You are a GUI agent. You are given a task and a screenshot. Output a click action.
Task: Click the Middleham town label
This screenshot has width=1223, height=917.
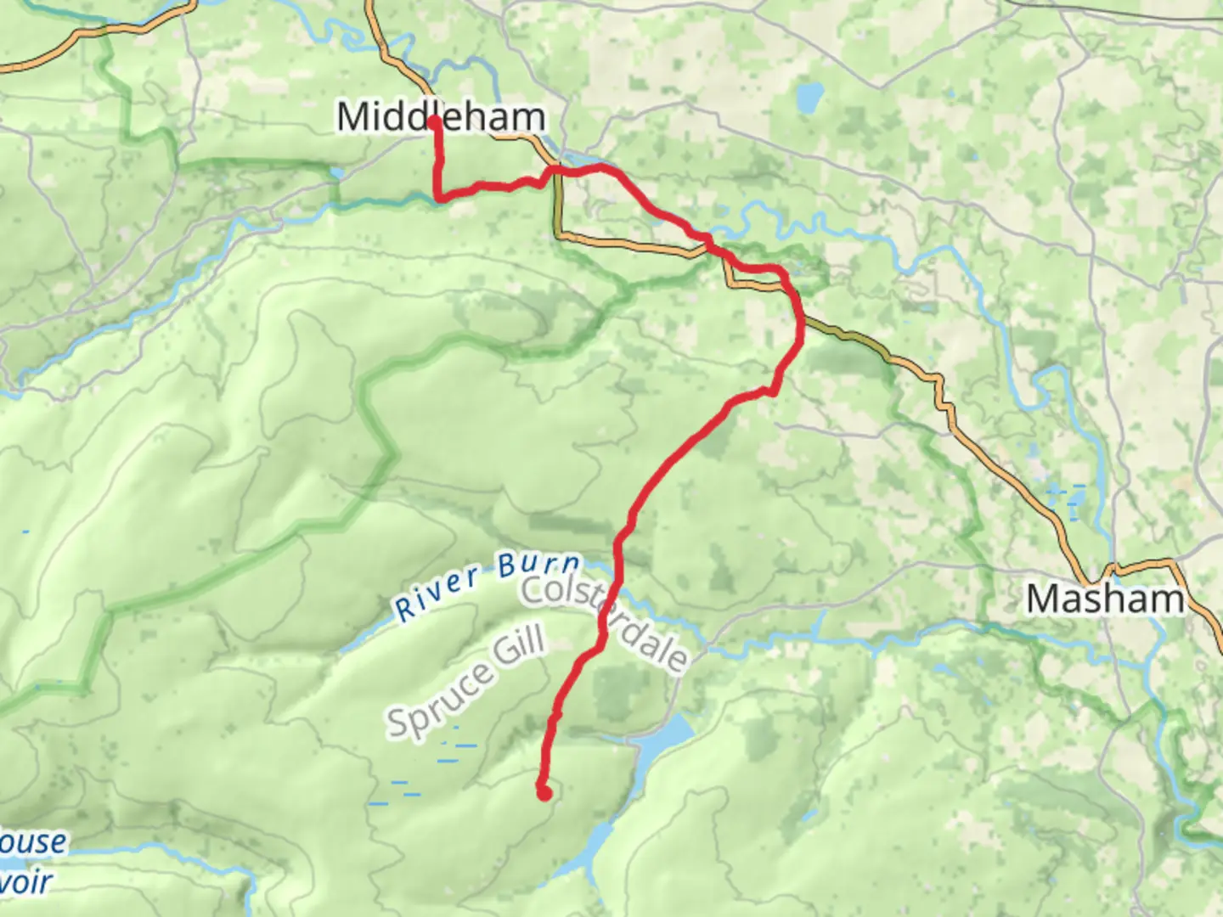pos(440,116)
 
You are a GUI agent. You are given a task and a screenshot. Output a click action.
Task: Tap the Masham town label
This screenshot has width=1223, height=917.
pos(1104,599)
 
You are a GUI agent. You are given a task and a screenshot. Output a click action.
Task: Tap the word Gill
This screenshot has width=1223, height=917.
pos(520,645)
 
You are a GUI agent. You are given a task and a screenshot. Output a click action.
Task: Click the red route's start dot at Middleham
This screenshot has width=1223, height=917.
pos(435,122)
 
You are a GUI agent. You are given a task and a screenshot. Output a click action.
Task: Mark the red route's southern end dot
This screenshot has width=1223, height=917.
pos(544,794)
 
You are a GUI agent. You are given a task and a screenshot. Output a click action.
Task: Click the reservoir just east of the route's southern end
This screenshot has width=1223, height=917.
pos(662,740)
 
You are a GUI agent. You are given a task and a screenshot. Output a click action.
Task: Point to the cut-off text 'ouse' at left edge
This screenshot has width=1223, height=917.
pos(32,842)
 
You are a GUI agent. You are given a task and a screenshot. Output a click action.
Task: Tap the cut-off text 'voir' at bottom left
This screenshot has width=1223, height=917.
pos(25,883)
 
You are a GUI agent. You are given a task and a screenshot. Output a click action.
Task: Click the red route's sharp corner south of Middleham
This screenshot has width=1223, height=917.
pos(439,198)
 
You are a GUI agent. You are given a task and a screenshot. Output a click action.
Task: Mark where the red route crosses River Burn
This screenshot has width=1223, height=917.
pos(616,569)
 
